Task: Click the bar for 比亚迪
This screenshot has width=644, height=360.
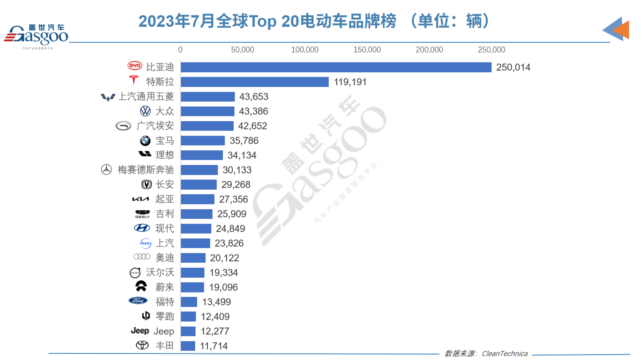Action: click(336, 68)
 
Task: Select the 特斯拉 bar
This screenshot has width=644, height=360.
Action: click(254, 82)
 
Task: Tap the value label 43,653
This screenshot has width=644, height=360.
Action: click(254, 97)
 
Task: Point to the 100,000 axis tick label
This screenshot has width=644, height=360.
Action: click(305, 50)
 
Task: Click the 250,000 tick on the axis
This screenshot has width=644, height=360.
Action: click(491, 50)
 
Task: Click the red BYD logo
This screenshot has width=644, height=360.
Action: click(135, 66)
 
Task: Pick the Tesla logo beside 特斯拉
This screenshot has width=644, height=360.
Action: click(134, 80)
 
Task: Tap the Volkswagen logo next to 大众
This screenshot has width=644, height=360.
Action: click(145, 111)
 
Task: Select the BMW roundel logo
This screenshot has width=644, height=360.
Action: click(145, 141)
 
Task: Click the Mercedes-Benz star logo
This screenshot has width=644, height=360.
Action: click(106, 170)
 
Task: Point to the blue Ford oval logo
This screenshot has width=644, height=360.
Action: click(138, 301)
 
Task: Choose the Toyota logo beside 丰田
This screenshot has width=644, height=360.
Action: click(142, 345)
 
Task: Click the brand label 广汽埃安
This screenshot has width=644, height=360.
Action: click(155, 126)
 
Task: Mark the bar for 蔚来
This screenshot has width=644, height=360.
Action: click(192, 287)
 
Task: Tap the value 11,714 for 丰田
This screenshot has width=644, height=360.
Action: click(214, 346)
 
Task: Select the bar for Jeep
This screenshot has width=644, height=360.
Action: click(188, 331)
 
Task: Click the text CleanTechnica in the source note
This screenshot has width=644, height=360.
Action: click(505, 354)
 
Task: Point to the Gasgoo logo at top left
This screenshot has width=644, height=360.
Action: click(36, 36)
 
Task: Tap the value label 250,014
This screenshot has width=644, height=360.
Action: click(513, 68)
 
